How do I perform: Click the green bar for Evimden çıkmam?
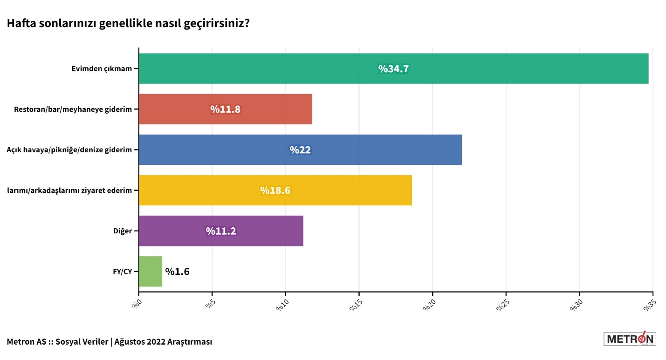click(x=280, y=68)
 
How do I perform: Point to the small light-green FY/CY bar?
click(x=151, y=271)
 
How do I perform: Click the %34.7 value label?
click(x=393, y=69)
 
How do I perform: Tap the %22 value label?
click(x=300, y=150)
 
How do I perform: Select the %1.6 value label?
click(x=177, y=272)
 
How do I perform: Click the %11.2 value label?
click(x=221, y=231)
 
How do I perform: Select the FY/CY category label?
click(x=122, y=272)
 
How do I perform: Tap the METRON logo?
click(x=629, y=339)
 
